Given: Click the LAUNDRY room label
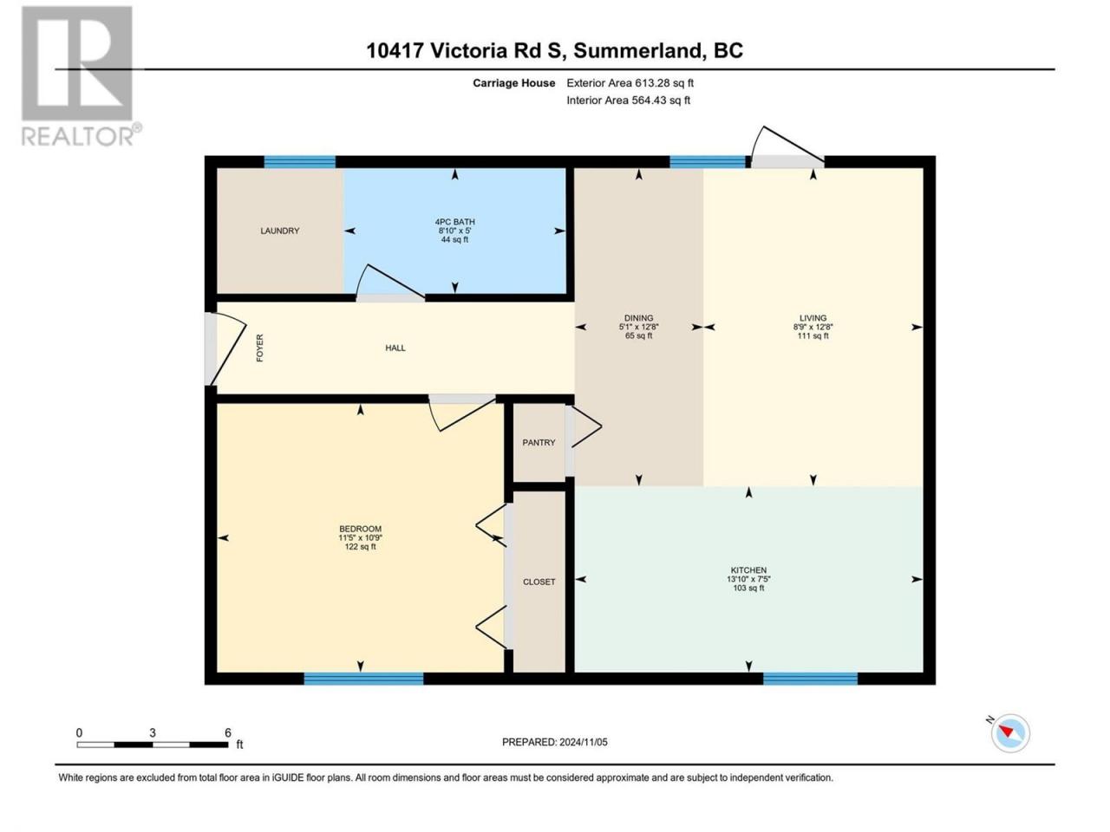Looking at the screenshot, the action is point(279,231).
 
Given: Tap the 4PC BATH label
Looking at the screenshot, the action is point(454,222).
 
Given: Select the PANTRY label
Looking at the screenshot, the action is point(539,443).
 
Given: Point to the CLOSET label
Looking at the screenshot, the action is point(539,582).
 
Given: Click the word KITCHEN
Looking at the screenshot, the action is point(748,570).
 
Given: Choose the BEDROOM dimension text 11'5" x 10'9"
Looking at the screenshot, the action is point(360,538).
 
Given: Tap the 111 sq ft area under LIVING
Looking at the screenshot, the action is point(813,336).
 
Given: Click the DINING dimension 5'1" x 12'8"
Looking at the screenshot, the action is point(639,327).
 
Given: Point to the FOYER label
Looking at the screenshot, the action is point(260,348).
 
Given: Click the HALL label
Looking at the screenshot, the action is point(395,348).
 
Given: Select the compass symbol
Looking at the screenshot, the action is point(1010,733).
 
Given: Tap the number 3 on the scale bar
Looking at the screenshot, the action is point(153,732).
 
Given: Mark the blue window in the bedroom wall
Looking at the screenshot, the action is point(363,679).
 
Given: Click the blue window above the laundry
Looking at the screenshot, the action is point(299,162).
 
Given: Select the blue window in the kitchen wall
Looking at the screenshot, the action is point(810,679).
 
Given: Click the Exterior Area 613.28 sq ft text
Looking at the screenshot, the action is point(630,83).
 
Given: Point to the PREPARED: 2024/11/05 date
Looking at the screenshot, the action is point(555,742).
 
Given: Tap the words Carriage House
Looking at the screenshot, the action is point(513,83).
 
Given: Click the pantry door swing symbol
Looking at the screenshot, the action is point(586,427).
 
